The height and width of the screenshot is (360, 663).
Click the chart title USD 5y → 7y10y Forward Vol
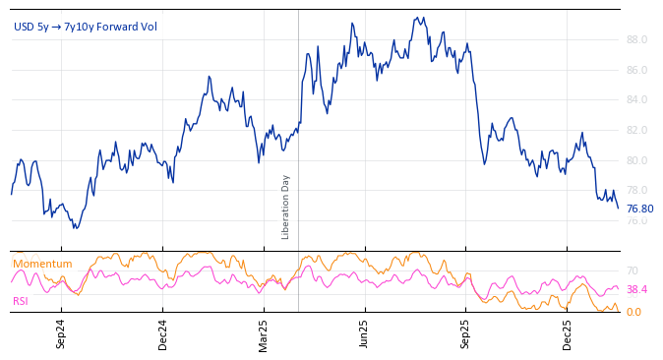(85, 27)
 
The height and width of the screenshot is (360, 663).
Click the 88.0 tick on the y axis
(635, 39)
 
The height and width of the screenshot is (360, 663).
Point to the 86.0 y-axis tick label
(635, 70)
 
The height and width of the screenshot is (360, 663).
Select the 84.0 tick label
(635, 100)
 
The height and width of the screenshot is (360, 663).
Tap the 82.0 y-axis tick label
(635, 130)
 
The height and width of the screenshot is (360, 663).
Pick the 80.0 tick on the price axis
(635, 160)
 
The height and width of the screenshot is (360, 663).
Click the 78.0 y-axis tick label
(635, 190)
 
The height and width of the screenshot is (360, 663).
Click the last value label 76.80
(639, 209)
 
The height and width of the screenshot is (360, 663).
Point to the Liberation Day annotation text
(286, 207)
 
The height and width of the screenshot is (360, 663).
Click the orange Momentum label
(42, 264)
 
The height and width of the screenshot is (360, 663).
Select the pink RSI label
(21, 301)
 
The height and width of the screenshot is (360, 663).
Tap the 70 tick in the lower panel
(633, 270)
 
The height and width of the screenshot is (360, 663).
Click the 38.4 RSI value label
(636, 290)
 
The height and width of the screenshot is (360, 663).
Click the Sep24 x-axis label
(61, 333)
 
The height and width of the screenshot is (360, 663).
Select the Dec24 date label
(163, 333)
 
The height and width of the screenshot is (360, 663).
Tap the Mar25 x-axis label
(264, 333)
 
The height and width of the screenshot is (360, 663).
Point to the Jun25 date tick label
(364, 333)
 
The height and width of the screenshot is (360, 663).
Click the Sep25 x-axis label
(466, 333)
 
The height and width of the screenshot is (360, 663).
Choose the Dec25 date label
(568, 333)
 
